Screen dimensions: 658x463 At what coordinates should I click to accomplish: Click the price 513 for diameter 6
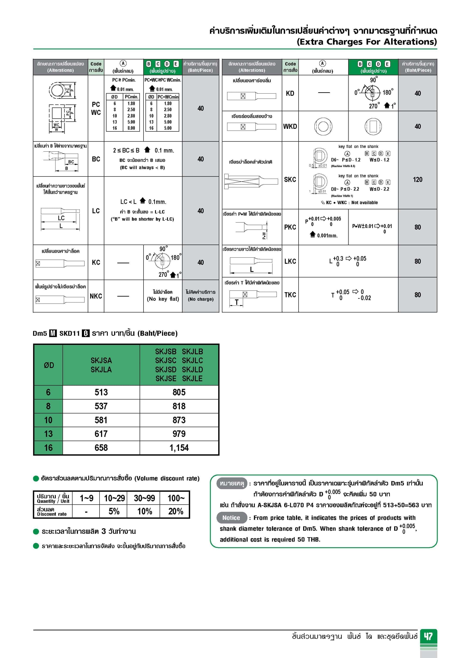tap(101, 392)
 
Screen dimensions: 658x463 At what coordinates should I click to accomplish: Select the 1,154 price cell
tap(179, 448)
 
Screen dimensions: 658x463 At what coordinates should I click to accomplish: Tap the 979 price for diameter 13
tap(179, 434)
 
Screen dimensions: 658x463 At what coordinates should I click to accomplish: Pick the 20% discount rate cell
tap(176, 511)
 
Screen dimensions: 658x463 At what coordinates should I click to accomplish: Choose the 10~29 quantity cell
tap(114, 498)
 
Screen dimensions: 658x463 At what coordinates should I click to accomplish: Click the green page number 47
tap(428, 636)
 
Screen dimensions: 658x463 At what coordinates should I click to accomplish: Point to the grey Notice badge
tap(231, 518)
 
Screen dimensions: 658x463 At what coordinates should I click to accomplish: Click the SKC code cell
tap(290, 179)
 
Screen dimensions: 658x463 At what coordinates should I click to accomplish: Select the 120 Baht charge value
tap(417, 179)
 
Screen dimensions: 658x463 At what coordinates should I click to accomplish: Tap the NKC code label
tap(96, 296)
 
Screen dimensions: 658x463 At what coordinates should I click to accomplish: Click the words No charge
tap(201, 299)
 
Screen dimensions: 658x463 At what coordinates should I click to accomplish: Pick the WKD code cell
tap(290, 126)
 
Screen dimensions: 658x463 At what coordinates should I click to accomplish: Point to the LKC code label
tap(290, 261)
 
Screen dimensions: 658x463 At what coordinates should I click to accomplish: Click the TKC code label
tap(290, 295)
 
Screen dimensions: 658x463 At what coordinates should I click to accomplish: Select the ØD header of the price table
tap(49, 365)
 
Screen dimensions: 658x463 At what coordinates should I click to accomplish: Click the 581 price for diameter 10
tap(101, 420)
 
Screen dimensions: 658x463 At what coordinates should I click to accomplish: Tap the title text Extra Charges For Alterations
tap(367, 42)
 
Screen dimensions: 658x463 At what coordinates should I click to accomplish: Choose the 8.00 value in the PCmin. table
tap(131, 128)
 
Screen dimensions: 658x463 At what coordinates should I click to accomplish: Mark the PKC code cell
tap(290, 227)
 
